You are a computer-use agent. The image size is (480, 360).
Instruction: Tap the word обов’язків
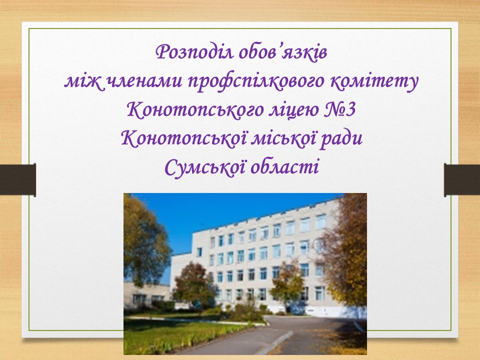[283, 51]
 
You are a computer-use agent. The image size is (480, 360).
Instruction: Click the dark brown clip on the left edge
[18, 179]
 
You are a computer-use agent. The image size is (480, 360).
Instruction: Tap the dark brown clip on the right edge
[462, 180]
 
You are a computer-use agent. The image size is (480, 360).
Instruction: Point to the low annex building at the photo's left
[146, 295]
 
